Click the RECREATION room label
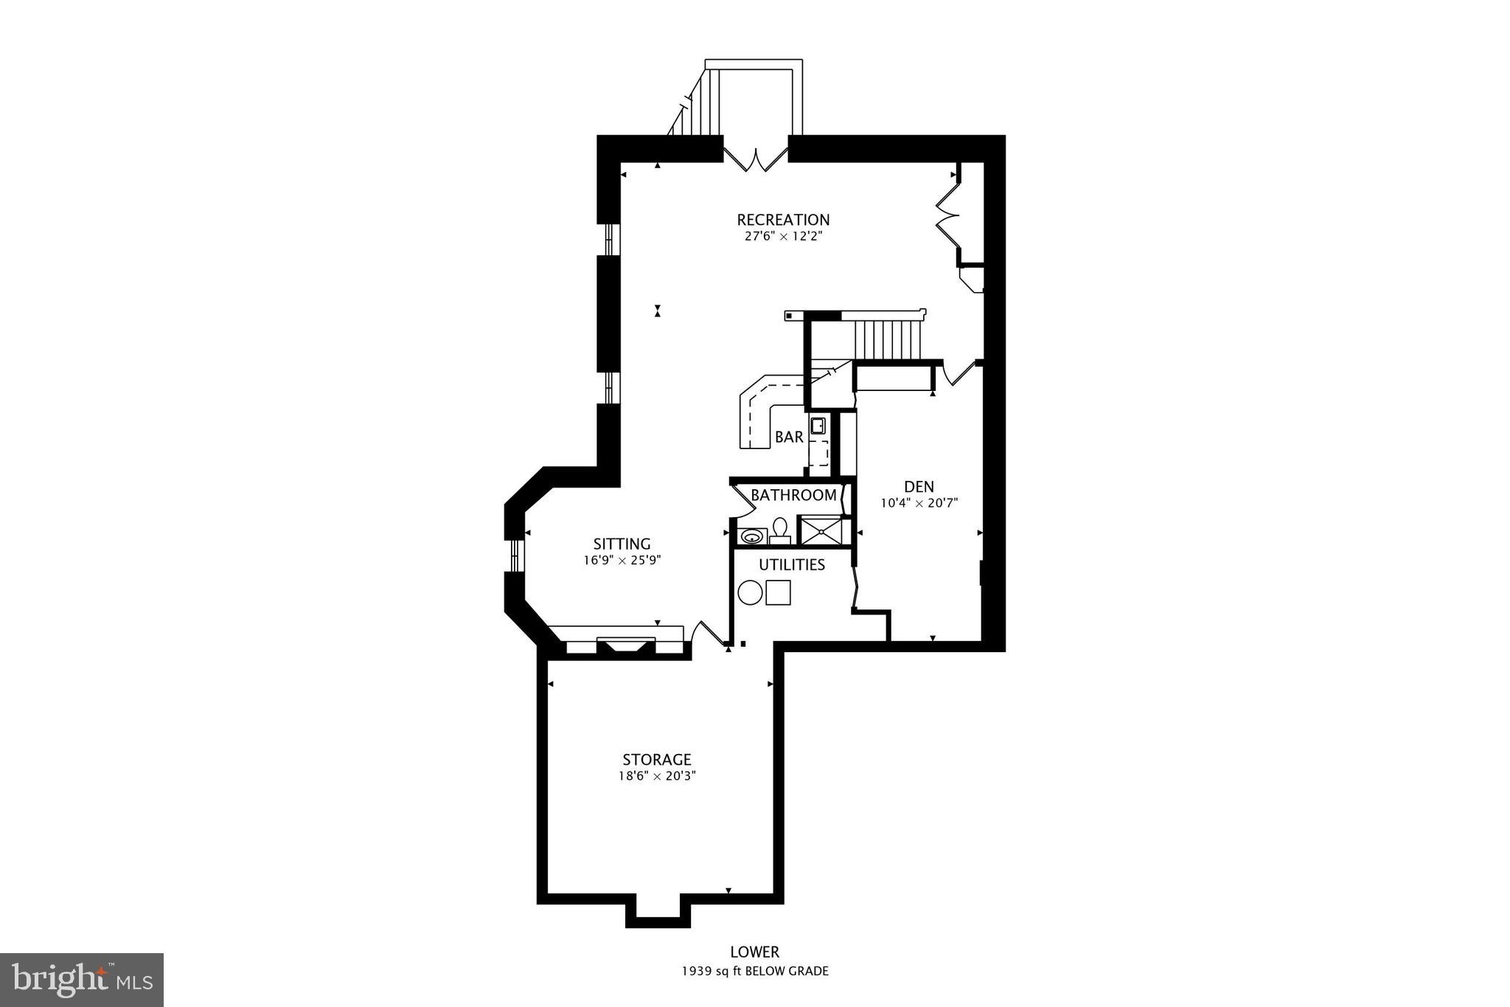click(783, 220)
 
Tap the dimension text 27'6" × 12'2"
click(783, 237)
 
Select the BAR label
click(788, 437)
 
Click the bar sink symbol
click(818, 426)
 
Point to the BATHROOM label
click(793, 495)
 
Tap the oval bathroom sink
click(751, 536)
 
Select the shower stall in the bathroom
click(821, 531)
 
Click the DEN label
click(919, 487)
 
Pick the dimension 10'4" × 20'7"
click(919, 504)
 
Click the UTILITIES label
click(792, 565)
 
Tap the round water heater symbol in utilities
click(750, 592)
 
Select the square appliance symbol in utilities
click(778, 592)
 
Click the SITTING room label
click(622, 544)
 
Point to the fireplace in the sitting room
click(625, 645)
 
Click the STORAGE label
click(656, 760)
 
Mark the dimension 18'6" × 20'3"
click(656, 776)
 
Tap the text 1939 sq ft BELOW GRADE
click(754, 971)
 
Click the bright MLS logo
click(82, 980)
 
